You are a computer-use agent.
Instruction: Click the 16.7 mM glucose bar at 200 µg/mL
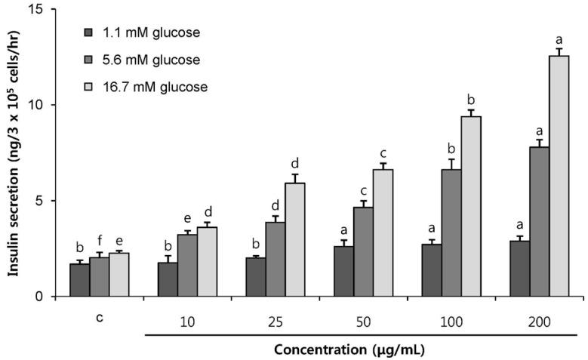pos(559,176)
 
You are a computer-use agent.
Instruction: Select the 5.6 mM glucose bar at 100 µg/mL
pos(451,232)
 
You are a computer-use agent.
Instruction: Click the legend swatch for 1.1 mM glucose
pos(88,32)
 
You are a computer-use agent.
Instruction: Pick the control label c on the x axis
pos(99,318)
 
